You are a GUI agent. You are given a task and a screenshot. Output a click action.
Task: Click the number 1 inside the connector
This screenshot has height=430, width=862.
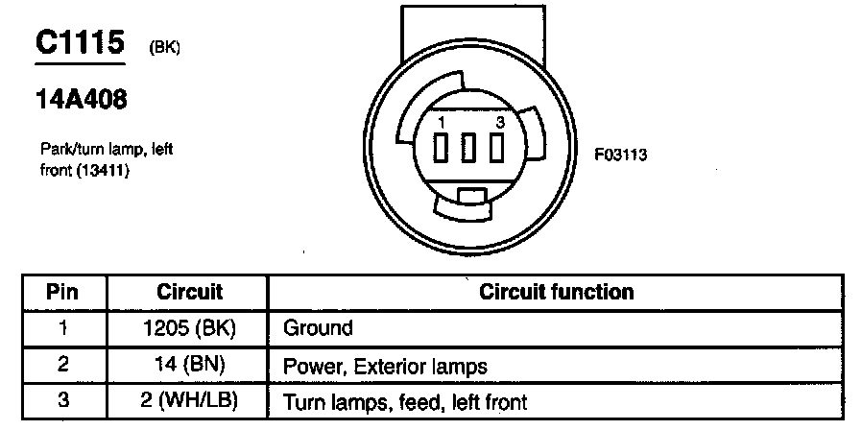(440, 124)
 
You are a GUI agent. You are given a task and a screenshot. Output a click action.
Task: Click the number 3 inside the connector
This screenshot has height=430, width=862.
(500, 124)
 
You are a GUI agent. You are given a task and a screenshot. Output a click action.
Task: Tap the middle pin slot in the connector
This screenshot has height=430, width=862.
(469, 149)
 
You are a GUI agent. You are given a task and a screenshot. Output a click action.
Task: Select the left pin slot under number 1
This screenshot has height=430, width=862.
(441, 149)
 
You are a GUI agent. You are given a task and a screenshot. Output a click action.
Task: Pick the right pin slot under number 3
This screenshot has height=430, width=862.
(497, 149)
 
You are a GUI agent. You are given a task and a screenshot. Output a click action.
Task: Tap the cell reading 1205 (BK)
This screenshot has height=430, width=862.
(189, 328)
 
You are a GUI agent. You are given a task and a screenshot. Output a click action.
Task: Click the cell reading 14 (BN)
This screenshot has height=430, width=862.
(189, 365)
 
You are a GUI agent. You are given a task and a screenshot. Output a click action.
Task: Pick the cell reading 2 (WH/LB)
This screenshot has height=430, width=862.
(189, 401)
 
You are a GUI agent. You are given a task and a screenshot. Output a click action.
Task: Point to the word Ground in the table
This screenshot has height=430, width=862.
(318, 328)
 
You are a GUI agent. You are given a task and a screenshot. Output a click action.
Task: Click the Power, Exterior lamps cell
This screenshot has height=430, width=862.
(384, 366)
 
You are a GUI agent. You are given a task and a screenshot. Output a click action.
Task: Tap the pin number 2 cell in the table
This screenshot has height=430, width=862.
(62, 365)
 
